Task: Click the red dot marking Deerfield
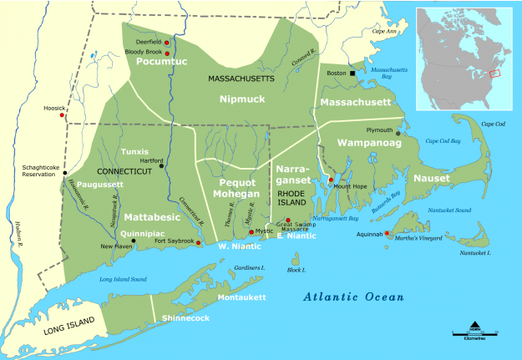point(167,43)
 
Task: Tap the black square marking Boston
point(352,74)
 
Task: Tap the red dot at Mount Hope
point(331,180)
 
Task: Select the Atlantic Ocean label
point(353,297)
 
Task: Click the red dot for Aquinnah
point(387,233)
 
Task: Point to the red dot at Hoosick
point(63,115)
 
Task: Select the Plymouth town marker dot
point(398,132)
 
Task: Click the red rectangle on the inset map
point(494,73)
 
